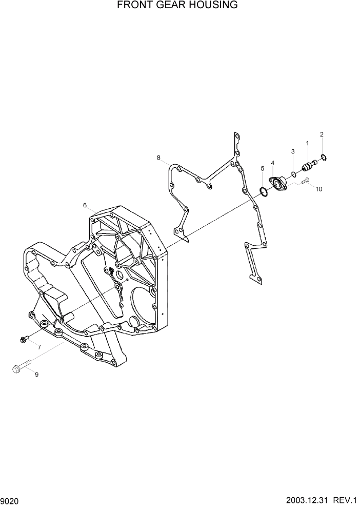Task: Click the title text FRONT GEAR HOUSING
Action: click(x=177, y=6)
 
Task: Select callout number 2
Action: click(x=322, y=134)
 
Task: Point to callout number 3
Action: click(x=293, y=151)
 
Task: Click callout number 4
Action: click(x=272, y=163)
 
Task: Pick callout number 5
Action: click(x=262, y=168)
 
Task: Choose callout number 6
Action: click(x=85, y=205)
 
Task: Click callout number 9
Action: click(x=36, y=375)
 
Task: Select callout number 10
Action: click(x=318, y=189)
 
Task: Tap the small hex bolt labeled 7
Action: click(x=24, y=339)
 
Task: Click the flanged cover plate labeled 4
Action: click(x=279, y=184)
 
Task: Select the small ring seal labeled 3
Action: click(x=294, y=174)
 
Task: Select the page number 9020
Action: click(x=10, y=500)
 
